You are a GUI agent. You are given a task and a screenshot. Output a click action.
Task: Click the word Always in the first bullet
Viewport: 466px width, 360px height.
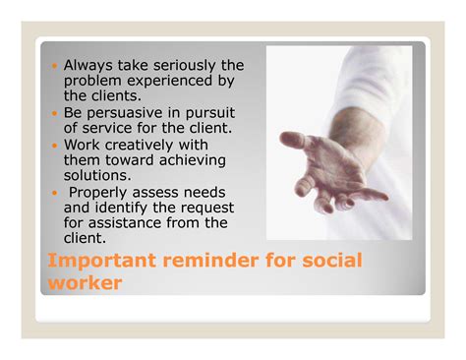89,66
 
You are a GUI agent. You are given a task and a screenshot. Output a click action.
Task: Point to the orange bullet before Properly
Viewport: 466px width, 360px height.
53,193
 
